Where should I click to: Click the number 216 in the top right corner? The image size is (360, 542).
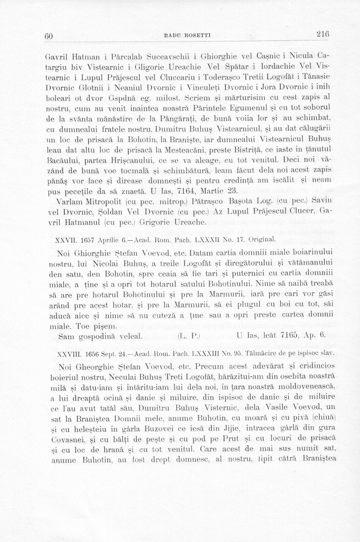(x=323, y=34)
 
